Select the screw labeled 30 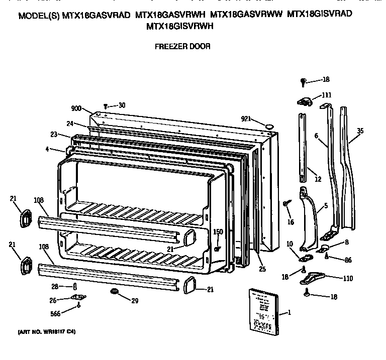(x=106, y=106)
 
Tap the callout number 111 (x=326, y=94)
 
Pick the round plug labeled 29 (x=114, y=291)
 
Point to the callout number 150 (x=218, y=231)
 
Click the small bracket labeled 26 (x=77, y=297)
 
